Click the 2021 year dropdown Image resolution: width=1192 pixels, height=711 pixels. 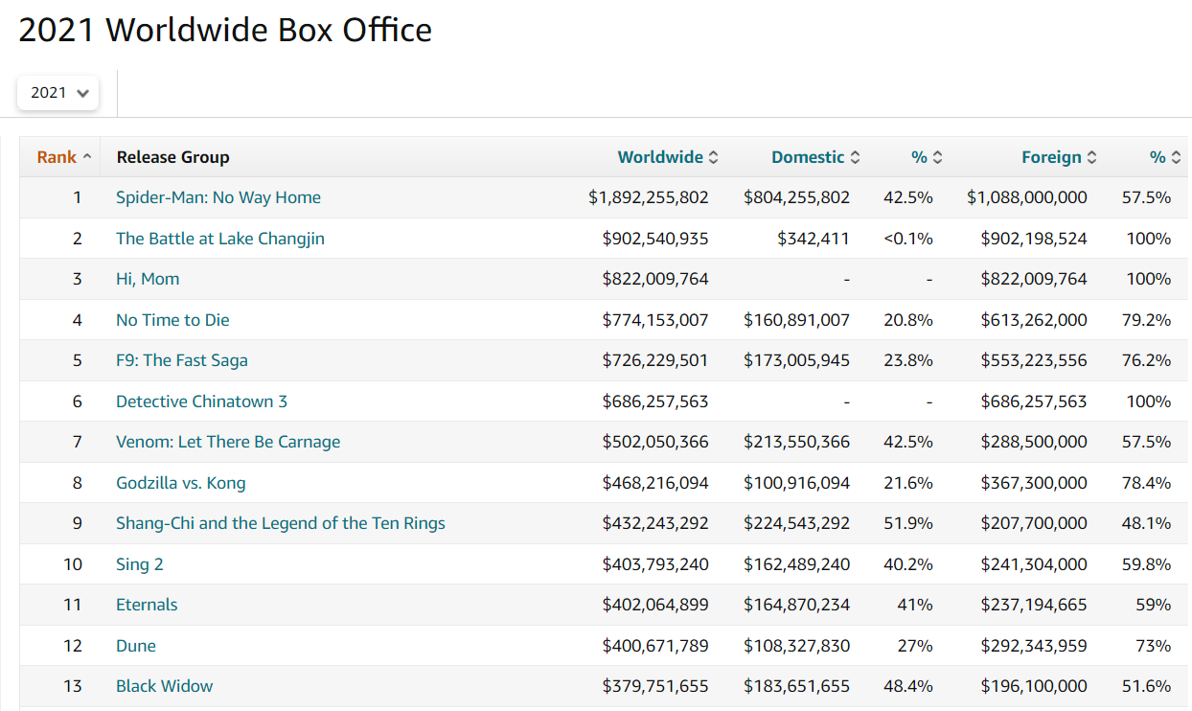click(x=57, y=93)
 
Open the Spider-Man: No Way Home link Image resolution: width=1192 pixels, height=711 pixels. click(x=218, y=197)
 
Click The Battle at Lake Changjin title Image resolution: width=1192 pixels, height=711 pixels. click(x=220, y=239)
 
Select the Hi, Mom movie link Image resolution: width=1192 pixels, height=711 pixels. click(x=148, y=279)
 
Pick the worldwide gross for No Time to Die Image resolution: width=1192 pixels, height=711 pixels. click(x=655, y=320)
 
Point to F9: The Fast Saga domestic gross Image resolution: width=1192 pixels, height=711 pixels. click(x=796, y=360)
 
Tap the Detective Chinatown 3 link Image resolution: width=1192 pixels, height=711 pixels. click(x=201, y=401)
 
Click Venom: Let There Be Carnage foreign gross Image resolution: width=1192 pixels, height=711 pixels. click(x=1034, y=442)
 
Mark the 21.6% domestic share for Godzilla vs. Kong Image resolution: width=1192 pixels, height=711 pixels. click(x=907, y=483)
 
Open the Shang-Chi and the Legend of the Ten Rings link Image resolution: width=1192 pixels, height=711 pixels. click(x=281, y=523)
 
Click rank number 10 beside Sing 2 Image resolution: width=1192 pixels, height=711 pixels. click(x=73, y=564)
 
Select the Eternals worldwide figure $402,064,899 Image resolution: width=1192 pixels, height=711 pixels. click(x=655, y=605)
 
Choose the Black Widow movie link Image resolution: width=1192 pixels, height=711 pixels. click(x=165, y=686)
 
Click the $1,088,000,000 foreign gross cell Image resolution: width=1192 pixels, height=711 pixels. click(x=1027, y=197)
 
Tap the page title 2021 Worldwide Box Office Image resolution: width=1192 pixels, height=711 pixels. click(x=225, y=31)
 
